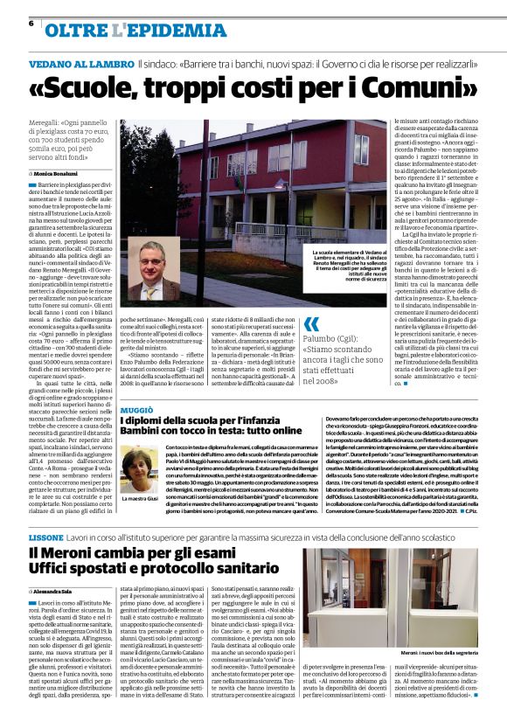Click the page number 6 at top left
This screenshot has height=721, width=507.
(32, 24)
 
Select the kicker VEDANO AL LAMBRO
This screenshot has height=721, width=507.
(80, 66)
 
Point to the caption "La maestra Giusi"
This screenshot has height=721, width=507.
(141, 499)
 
